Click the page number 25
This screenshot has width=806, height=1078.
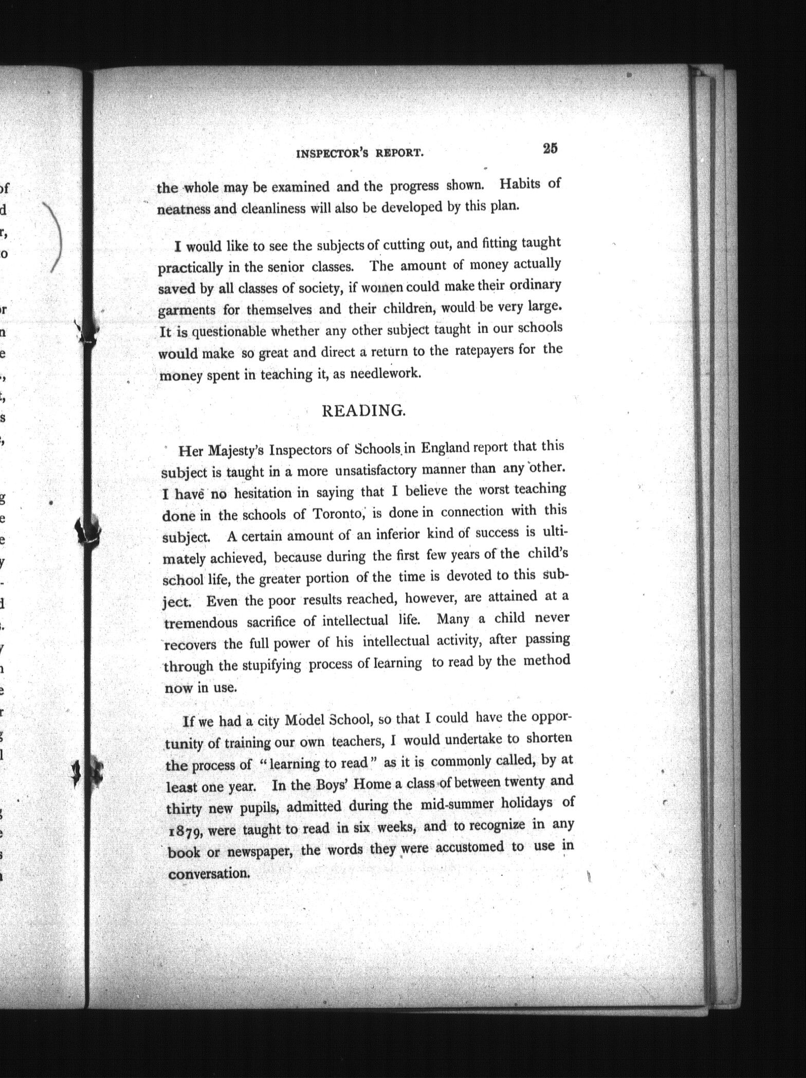pos(549,149)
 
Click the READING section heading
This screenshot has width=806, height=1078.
pos(363,411)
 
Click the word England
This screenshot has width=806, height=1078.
pos(445,448)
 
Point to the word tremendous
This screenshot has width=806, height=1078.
pos(201,623)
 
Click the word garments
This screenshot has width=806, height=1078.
pos(187,311)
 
